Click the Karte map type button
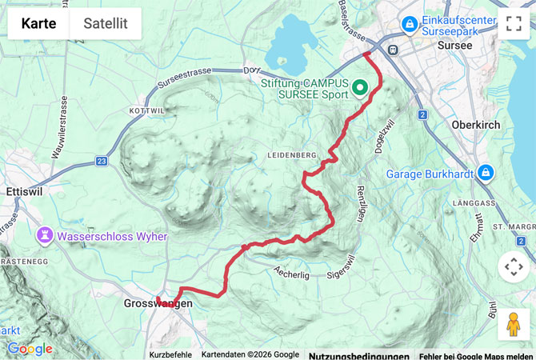click(38, 23)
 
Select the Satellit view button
click(106, 23)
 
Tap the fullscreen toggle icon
click(513, 23)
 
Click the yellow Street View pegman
click(513, 325)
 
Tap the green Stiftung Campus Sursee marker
click(359, 86)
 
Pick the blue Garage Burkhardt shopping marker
click(485, 173)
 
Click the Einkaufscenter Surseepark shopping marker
click(410, 25)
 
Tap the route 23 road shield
click(102, 161)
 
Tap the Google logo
click(30, 349)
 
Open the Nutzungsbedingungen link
click(358, 355)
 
